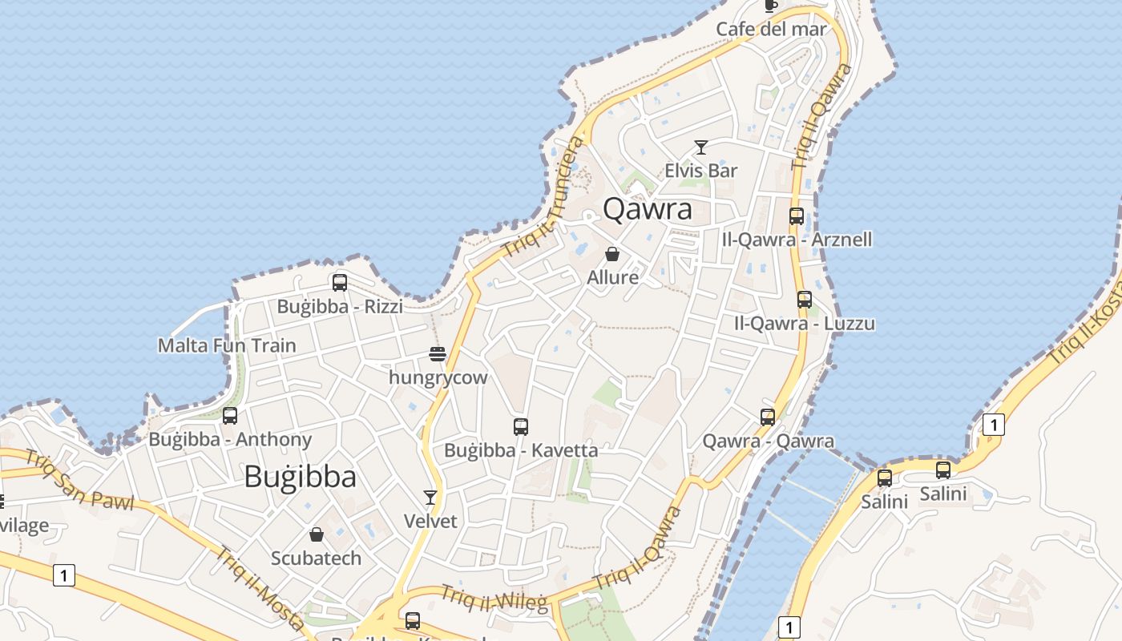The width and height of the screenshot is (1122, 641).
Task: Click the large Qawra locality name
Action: point(647,209)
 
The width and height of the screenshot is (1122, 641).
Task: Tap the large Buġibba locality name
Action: point(300,477)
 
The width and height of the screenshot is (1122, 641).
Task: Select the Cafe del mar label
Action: point(771,30)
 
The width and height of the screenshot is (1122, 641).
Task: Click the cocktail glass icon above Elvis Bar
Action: point(701,147)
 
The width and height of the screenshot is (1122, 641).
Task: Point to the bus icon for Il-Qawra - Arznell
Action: point(796,216)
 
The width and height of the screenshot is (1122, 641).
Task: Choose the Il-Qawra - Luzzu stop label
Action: point(805,324)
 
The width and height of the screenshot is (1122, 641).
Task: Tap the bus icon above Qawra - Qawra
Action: point(768,417)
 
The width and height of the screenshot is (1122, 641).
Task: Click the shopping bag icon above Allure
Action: point(612,255)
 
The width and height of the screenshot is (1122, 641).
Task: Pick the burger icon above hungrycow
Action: point(438,354)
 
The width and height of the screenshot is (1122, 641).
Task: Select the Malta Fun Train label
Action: point(227,346)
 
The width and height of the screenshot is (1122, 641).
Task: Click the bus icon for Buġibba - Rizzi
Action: point(340,283)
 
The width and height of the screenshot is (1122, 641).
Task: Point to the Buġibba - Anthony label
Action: point(230,440)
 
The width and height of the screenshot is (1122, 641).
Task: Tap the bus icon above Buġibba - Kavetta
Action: point(521,427)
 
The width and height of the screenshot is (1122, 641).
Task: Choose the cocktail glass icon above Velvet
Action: point(430,498)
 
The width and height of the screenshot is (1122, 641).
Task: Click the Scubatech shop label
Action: point(316,558)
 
